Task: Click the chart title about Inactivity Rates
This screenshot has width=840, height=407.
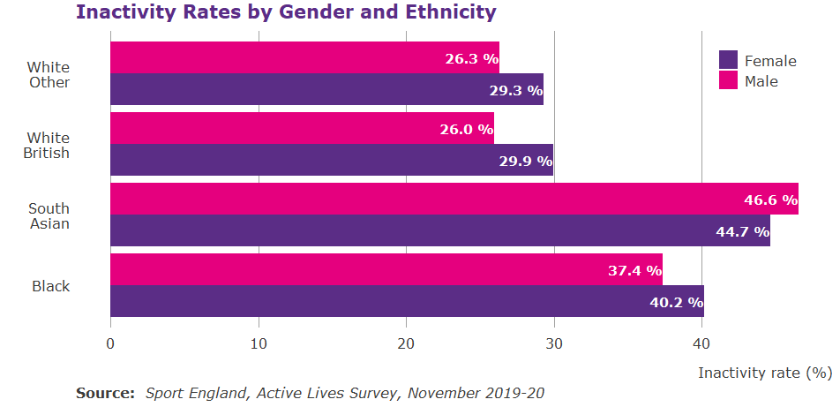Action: (286, 12)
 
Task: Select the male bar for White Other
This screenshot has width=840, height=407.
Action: (304, 58)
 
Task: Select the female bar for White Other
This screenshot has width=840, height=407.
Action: (326, 90)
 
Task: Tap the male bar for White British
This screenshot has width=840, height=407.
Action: (302, 129)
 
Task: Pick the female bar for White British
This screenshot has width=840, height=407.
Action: (331, 161)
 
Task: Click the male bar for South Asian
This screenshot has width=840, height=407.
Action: (454, 200)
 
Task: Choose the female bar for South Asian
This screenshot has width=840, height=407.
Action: (439, 231)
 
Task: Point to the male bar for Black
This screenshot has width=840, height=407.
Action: (386, 270)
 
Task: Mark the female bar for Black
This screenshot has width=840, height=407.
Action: (407, 302)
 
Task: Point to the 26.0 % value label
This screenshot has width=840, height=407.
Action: (466, 130)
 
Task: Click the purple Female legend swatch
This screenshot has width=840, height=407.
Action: (728, 60)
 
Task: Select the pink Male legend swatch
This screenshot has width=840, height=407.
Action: (728, 80)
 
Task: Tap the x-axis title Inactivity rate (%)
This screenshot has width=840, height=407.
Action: (764, 373)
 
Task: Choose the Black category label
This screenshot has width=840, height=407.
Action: (51, 287)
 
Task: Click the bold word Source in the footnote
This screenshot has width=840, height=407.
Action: (105, 393)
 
